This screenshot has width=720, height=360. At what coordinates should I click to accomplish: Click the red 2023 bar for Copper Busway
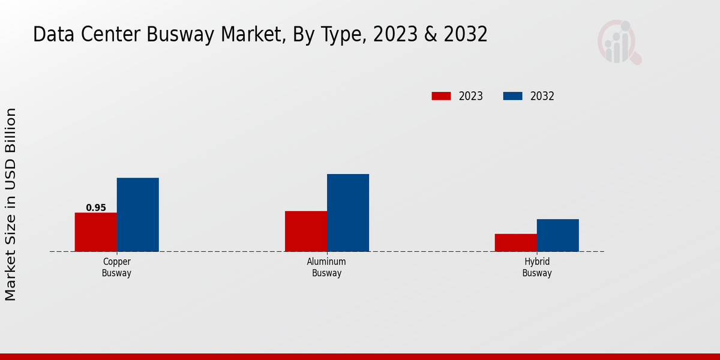pyautogui.click(x=95, y=232)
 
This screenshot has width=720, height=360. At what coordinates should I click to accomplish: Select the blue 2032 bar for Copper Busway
pyautogui.click(x=137, y=215)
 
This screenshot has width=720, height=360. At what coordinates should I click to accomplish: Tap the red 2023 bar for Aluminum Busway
pyautogui.click(x=305, y=231)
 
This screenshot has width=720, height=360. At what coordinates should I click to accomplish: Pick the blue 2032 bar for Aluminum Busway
pyautogui.click(x=347, y=213)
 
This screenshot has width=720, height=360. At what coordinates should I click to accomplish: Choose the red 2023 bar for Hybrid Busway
pyautogui.click(x=515, y=242)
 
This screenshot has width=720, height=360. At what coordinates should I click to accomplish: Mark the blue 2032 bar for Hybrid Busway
pyautogui.click(x=557, y=235)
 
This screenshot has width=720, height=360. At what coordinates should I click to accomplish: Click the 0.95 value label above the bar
pyautogui.click(x=96, y=208)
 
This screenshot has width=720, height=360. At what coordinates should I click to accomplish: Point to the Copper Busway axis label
pyautogui.click(x=116, y=268)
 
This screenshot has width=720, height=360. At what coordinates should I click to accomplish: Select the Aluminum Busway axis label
pyautogui.click(x=326, y=268)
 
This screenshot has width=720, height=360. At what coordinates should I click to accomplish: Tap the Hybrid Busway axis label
pyautogui.click(x=536, y=268)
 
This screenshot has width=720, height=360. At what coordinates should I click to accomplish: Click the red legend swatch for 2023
pyautogui.click(x=441, y=96)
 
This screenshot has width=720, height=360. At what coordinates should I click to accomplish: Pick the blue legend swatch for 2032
pyautogui.click(x=512, y=96)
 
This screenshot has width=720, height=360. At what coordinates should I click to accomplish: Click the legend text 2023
pyautogui.click(x=470, y=96)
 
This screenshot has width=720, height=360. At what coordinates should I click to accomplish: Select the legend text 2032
pyautogui.click(x=542, y=96)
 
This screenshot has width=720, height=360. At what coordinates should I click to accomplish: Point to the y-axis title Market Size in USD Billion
pyautogui.click(x=11, y=204)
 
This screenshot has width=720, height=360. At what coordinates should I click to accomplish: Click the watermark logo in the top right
pyautogui.click(x=619, y=42)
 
